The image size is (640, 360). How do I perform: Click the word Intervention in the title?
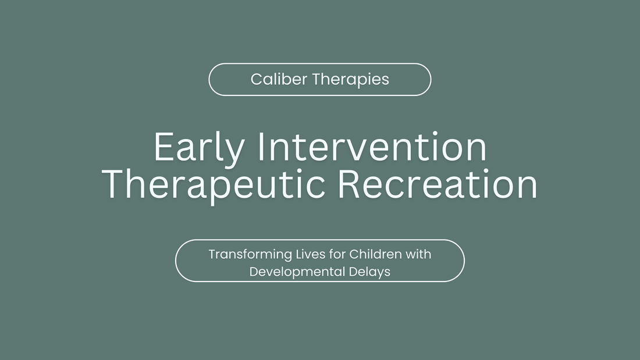(x=371, y=148)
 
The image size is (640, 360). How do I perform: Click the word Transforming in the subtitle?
(x=244, y=254)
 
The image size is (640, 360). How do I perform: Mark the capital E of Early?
(x=164, y=148)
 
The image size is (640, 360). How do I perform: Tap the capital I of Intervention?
(x=259, y=148)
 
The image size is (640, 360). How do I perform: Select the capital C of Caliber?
(x=257, y=79)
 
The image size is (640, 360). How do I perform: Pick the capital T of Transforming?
(x=212, y=254)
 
